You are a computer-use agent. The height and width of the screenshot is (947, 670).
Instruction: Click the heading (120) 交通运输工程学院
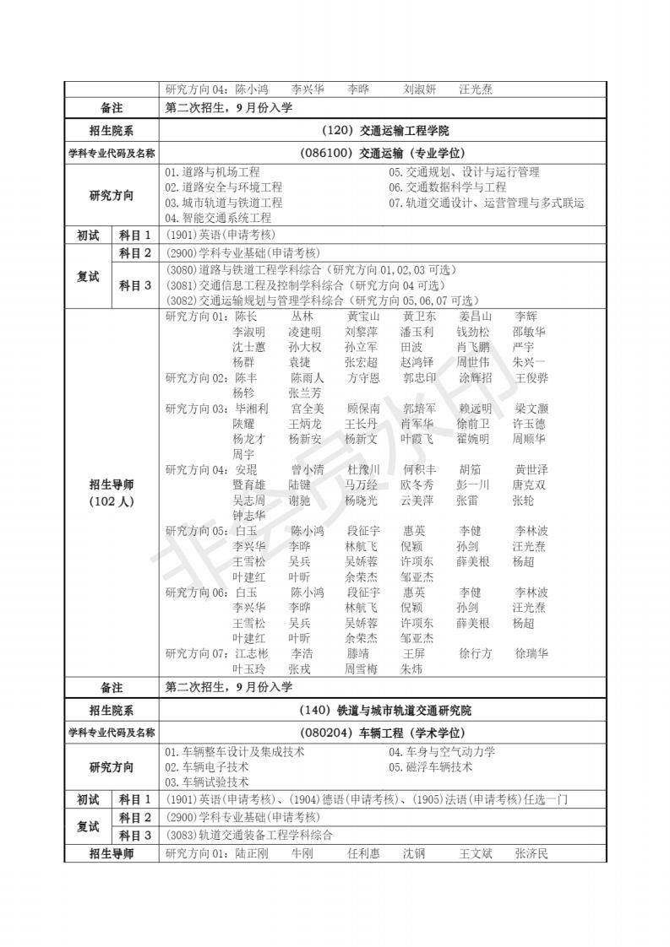(384, 131)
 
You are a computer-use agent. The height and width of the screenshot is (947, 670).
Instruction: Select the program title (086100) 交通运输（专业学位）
(384, 153)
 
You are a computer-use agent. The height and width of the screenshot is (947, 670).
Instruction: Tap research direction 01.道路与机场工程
(212, 172)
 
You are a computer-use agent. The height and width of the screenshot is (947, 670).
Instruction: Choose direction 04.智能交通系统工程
(218, 218)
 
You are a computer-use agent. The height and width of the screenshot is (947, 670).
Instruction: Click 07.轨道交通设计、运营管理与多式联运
(487, 203)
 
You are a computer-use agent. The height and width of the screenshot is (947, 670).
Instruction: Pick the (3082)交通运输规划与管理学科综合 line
(322, 300)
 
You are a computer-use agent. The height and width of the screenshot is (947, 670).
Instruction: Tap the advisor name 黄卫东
(419, 317)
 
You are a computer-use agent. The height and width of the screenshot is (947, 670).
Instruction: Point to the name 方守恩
(363, 378)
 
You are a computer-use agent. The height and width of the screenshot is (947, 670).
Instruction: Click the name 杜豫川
(363, 469)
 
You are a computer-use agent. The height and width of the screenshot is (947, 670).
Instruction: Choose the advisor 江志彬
(251, 653)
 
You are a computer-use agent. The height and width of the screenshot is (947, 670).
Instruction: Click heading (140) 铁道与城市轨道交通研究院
(384, 711)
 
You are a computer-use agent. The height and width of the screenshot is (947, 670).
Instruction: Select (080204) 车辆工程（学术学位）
(384, 733)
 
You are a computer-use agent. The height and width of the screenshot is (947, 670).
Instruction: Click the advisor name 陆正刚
(251, 853)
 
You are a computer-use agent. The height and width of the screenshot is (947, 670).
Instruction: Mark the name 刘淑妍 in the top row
(419, 89)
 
